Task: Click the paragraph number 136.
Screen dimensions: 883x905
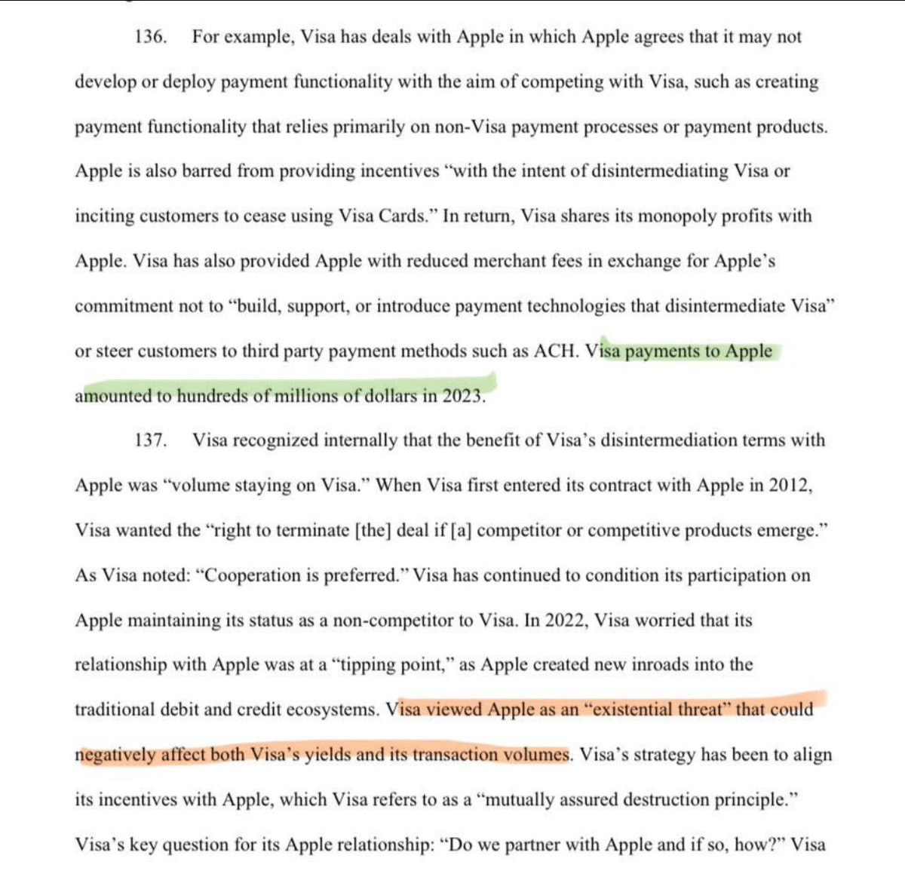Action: click(x=150, y=37)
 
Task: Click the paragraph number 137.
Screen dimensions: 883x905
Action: click(x=150, y=440)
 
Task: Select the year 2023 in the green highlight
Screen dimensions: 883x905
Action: click(x=462, y=396)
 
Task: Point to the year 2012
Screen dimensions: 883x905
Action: click(x=789, y=485)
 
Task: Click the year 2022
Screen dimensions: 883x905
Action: click(x=566, y=621)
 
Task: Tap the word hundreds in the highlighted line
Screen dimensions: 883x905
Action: click(x=211, y=396)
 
